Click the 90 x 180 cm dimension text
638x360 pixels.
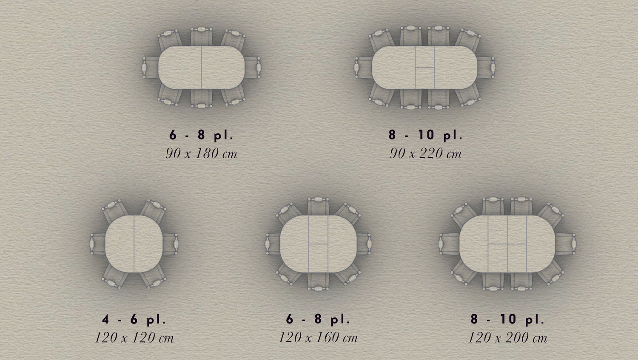tap(201, 154)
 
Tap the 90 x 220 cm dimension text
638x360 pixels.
tap(425, 154)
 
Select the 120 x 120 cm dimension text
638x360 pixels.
tap(134, 338)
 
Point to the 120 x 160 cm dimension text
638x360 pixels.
tap(318, 338)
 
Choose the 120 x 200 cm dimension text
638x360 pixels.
tap(508, 338)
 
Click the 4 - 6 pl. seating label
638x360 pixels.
tap(134, 320)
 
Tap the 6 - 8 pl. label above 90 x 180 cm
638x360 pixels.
tap(201, 135)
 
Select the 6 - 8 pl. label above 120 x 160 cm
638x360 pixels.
tap(318, 319)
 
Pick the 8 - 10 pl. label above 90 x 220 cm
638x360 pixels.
tap(425, 135)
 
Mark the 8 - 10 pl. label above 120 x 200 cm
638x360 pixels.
tap(507, 319)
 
